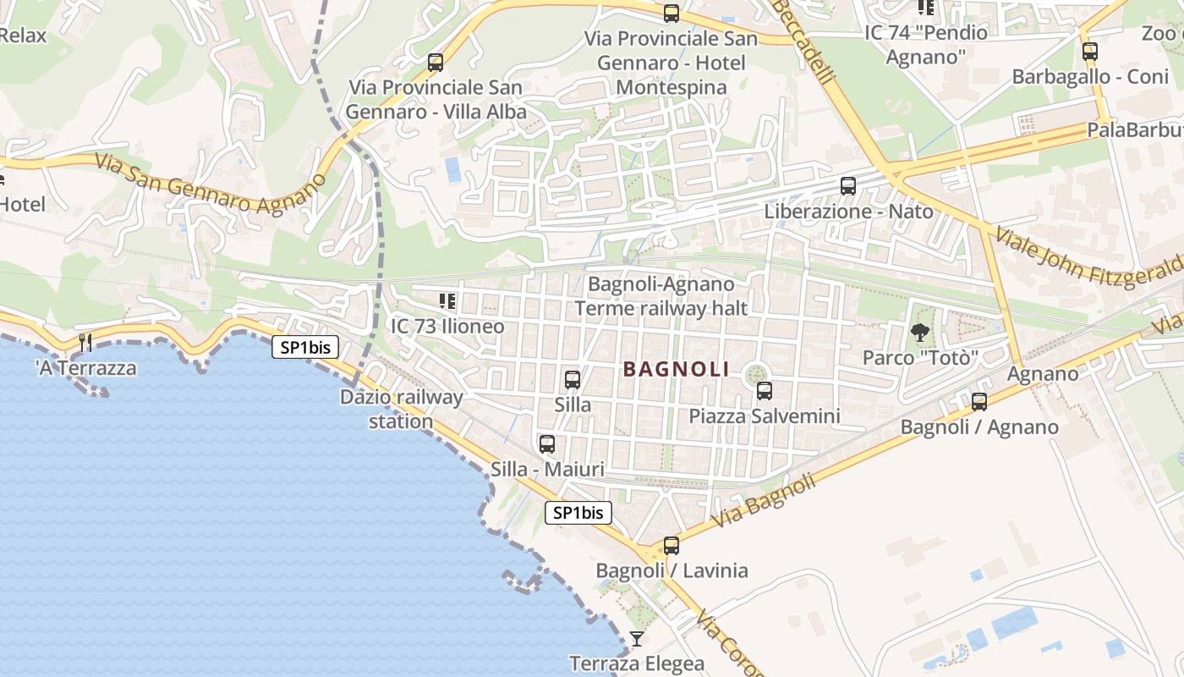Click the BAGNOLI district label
tap(676, 369)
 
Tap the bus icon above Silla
tap(573, 380)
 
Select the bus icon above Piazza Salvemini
tap(765, 391)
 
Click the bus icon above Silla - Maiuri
tap(547, 444)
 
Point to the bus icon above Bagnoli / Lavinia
tap(671, 546)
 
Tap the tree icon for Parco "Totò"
tap(920, 333)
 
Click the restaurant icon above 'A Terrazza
tap(85, 343)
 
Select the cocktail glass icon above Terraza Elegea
tap(637, 639)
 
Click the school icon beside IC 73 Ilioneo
tap(447, 301)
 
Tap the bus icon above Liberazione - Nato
tap(848, 186)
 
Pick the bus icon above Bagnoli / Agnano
tap(979, 402)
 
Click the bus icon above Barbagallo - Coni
tap(1090, 52)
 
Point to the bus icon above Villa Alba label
tap(436, 62)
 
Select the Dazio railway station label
tap(402, 409)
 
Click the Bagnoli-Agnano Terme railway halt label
tap(661, 296)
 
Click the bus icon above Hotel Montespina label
tap(671, 14)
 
